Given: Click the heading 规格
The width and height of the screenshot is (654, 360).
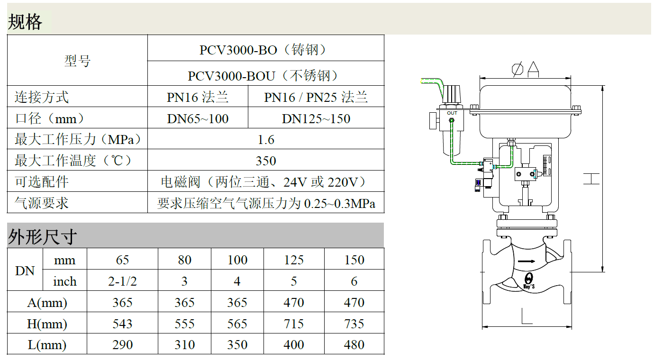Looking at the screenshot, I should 25,22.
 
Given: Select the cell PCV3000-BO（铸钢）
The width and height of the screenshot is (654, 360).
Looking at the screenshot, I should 263,50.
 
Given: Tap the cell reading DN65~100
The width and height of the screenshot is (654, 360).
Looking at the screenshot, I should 198,118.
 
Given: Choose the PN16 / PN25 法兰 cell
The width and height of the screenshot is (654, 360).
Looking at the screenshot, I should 316,97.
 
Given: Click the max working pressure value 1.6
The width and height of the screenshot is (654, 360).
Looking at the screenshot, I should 266,140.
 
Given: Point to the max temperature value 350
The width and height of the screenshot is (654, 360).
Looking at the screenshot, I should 266,161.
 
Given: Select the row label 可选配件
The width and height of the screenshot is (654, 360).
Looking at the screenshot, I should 42,182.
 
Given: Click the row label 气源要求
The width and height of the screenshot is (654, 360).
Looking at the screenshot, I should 42,203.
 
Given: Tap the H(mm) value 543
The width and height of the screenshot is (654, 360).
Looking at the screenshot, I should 122,324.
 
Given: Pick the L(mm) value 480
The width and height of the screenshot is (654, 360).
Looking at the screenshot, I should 354,345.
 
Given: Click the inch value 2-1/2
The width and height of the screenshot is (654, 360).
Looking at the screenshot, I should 122,281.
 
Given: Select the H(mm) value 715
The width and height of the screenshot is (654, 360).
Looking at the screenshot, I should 294,324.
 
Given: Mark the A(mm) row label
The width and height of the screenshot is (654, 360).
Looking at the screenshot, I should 47,303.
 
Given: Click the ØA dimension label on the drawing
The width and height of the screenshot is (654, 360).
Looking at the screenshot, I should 526,69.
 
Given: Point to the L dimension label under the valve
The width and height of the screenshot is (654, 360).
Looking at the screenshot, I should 527,316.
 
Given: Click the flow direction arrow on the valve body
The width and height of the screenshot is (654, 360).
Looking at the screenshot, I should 527,261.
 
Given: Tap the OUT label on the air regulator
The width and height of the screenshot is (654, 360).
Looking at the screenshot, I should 452,113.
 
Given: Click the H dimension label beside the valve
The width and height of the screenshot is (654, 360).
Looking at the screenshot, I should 591,179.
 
